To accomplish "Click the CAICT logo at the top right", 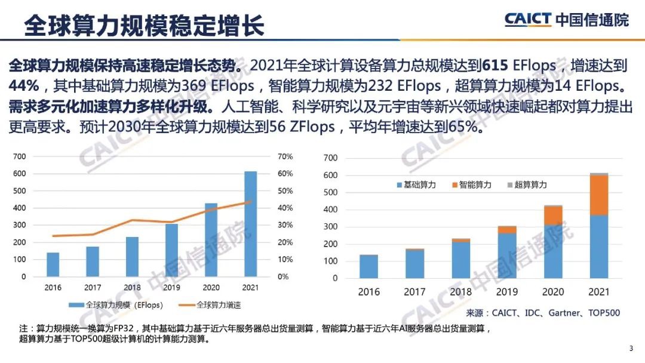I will click(x=566, y=19).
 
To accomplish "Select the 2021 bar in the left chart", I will click(x=250, y=224).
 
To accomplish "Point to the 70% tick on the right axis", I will click(x=285, y=156).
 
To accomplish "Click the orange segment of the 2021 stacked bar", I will click(x=599, y=195).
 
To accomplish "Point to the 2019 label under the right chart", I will click(x=506, y=292).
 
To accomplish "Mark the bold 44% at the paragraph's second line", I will click(x=21, y=83).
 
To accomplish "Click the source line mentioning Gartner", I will click(x=543, y=312).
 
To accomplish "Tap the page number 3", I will click(x=631, y=349).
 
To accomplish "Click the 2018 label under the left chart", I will click(x=132, y=287).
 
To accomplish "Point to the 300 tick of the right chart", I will click(x=330, y=227).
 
